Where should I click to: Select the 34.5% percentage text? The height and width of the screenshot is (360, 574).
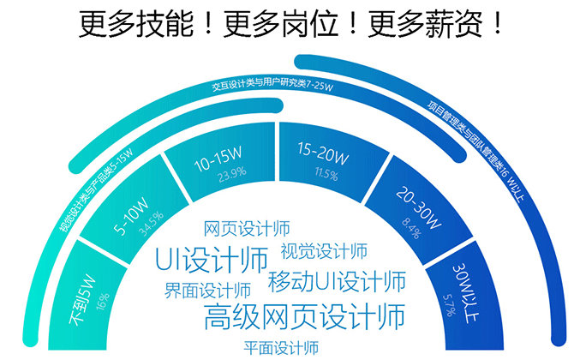pyautogui.click(x=151, y=231)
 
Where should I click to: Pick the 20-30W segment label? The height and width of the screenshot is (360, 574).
pyautogui.click(x=419, y=209)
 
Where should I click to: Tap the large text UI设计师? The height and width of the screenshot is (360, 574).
pyautogui.click(x=211, y=257)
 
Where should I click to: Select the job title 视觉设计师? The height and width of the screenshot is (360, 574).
pyautogui.click(x=324, y=251)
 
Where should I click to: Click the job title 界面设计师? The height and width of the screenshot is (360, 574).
pyautogui.click(x=207, y=289)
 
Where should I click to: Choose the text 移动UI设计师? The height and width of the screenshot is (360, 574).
pyautogui.click(x=336, y=280)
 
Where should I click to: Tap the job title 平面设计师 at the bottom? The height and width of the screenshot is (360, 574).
pyautogui.click(x=281, y=347)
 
